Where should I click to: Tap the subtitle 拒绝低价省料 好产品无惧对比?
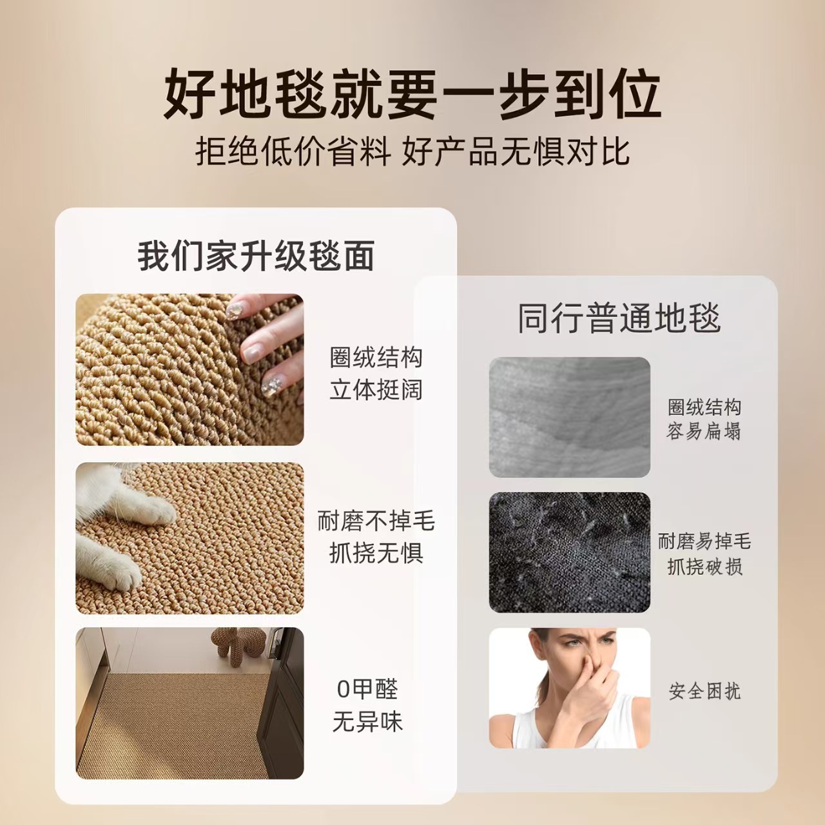pyautogui.click(x=412, y=151)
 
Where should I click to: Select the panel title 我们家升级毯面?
pyautogui.click(x=256, y=256)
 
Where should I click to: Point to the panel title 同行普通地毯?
pyautogui.click(x=619, y=318)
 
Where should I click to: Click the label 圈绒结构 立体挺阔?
pyautogui.click(x=376, y=373)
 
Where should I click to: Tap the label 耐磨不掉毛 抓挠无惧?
pyautogui.click(x=376, y=537)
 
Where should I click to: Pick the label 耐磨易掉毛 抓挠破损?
pyautogui.click(x=704, y=554)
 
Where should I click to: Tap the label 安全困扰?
pyautogui.click(x=704, y=691)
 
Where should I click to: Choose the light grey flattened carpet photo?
pyautogui.click(x=569, y=417)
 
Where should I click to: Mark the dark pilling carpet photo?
pyautogui.click(x=569, y=552)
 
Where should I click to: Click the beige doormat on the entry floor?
pyautogui.click(x=171, y=728)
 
